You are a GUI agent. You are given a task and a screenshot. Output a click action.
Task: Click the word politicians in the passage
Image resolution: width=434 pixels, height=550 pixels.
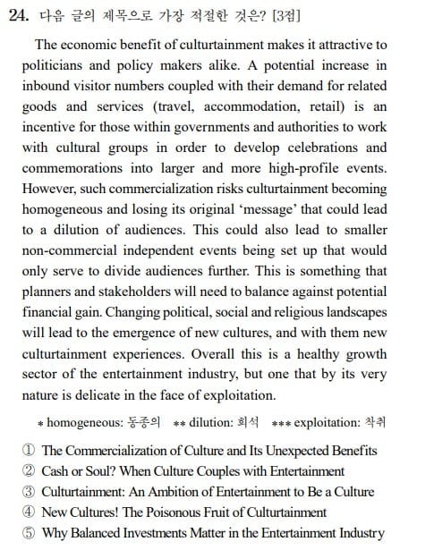pyautogui.click(x=54, y=67)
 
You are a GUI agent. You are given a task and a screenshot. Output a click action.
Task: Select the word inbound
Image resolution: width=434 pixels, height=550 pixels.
pyautogui.click(x=50, y=88)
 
